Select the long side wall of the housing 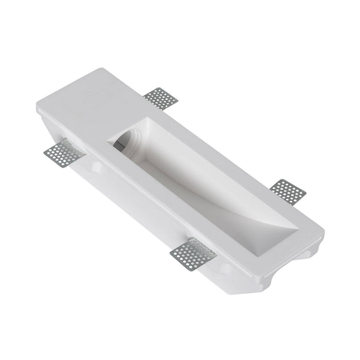click(154, 206)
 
